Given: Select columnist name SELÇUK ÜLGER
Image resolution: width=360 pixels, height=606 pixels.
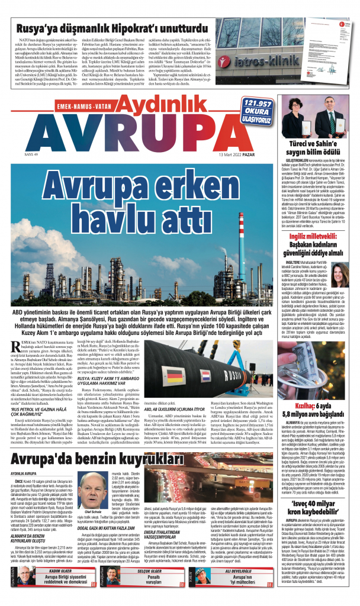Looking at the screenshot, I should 160,572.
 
